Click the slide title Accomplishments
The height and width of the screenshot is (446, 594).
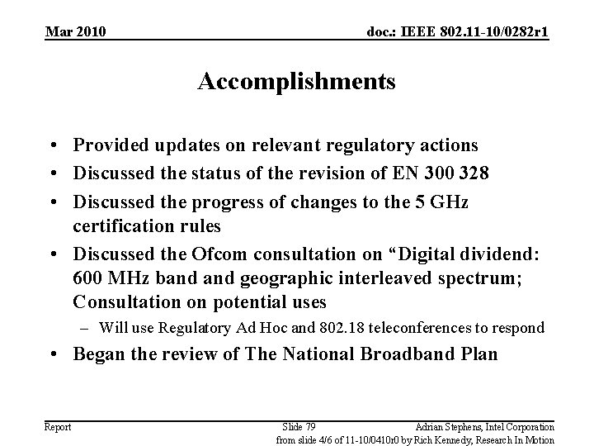coord(297,83)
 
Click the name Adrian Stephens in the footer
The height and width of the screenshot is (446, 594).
coord(450,426)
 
